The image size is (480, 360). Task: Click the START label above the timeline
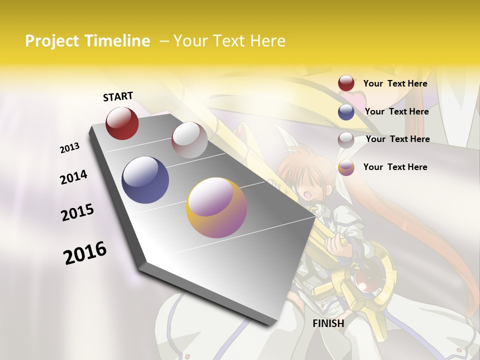(118, 96)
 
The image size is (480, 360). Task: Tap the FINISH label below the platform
(328, 323)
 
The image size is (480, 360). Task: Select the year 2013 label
(69, 148)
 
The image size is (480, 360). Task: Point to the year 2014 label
(73, 177)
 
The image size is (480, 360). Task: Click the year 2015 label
(77, 212)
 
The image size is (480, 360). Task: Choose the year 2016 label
(85, 252)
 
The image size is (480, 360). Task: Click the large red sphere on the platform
(122, 123)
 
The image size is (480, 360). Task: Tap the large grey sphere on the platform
(189, 140)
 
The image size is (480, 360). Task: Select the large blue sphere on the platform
(145, 180)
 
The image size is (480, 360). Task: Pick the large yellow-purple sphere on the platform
(216, 207)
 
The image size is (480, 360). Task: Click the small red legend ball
(346, 83)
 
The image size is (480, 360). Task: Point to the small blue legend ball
(346, 112)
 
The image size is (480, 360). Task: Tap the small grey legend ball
(346, 140)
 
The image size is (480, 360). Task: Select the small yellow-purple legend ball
(346, 168)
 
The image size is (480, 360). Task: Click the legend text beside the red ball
(395, 83)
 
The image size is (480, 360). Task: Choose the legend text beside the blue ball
(396, 111)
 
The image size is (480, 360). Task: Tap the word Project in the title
(51, 41)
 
